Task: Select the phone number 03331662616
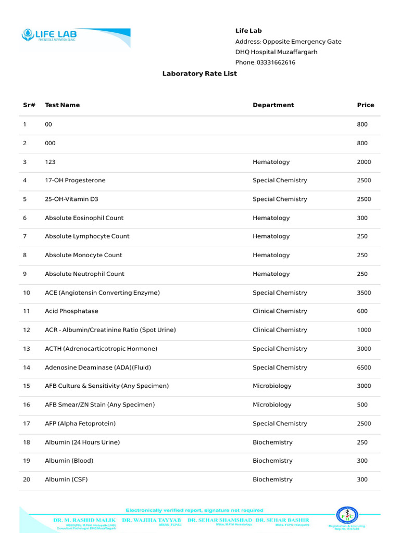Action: pos(276,62)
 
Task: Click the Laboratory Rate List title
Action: pos(199,74)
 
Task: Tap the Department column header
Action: pos(273,105)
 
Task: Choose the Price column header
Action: pos(365,105)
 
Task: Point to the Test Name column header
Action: pos(63,105)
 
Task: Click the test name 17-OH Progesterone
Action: pos(75,181)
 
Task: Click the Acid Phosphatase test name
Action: pos(71,311)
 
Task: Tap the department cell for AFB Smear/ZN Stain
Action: pos(272,405)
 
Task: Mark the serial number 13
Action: pos(27,349)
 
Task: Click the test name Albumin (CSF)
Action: pos(66,479)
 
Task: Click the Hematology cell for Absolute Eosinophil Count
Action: pos(271,218)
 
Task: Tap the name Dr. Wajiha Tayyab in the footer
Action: pos(152,520)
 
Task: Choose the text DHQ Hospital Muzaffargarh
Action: pos(276,52)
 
